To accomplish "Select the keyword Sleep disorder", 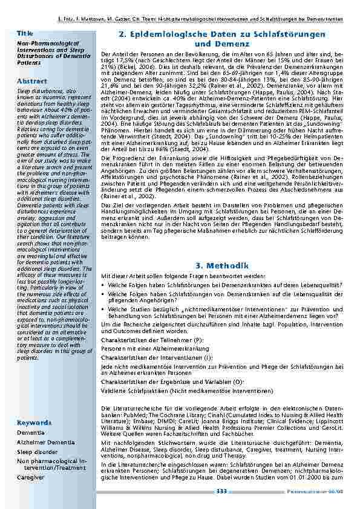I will point(37,451).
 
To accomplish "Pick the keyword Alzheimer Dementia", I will point(45,442).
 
